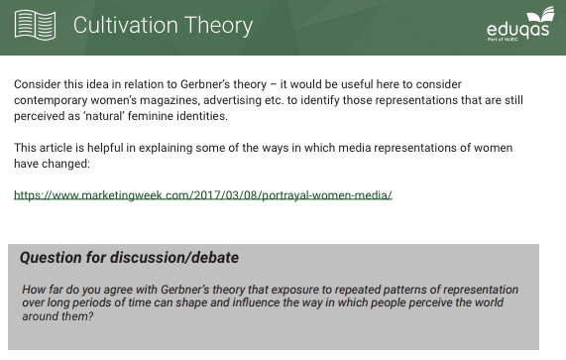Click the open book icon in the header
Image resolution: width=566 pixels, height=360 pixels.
tap(35, 26)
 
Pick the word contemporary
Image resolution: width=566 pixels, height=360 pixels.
tap(53, 100)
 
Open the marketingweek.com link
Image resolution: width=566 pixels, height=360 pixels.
tap(203, 194)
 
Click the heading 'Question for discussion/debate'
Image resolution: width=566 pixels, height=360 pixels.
tap(129, 258)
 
